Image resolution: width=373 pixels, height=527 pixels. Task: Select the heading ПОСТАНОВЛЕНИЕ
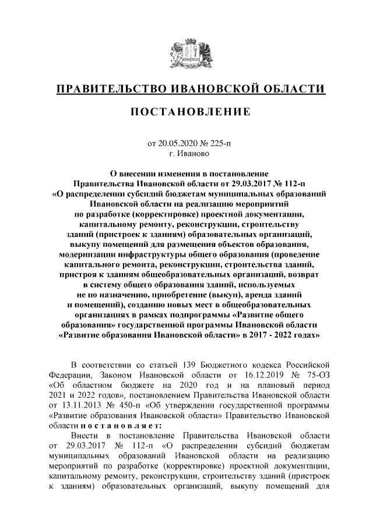pos(186,111)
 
